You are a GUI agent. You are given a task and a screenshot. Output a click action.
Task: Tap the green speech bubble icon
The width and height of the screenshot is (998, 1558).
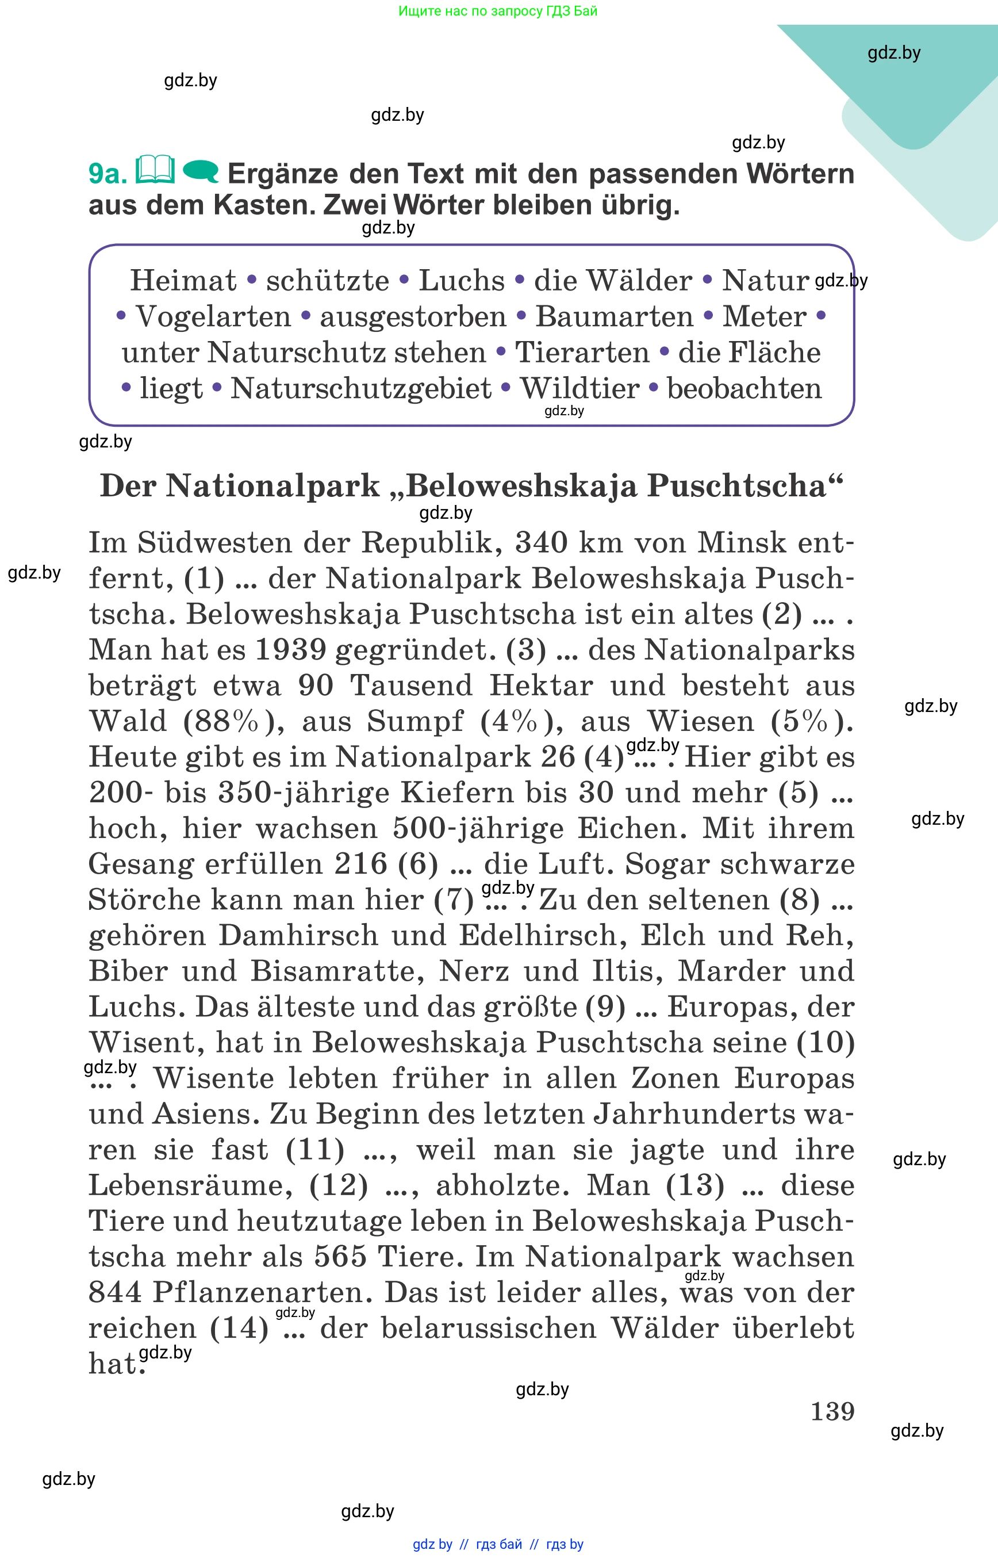[x=201, y=172]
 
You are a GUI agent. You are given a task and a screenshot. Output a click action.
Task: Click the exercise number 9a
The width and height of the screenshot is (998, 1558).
[x=108, y=174]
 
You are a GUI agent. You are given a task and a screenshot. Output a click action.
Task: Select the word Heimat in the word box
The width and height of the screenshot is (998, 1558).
[x=183, y=281]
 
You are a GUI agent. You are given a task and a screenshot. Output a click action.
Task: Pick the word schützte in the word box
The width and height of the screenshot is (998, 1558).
[x=327, y=281]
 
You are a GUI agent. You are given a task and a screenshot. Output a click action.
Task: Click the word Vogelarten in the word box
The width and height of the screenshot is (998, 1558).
[x=213, y=317]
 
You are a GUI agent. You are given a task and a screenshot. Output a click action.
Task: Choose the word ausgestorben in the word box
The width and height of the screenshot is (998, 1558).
[x=413, y=317]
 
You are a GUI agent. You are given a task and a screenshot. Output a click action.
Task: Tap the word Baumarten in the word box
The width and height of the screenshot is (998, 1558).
[x=615, y=317]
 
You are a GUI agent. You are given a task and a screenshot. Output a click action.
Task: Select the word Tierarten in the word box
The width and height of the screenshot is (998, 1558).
[x=582, y=353]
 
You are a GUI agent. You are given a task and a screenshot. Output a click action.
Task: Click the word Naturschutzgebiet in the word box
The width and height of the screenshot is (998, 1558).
[x=361, y=389]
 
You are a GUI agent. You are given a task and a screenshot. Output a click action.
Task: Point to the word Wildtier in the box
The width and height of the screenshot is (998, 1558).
[x=580, y=389]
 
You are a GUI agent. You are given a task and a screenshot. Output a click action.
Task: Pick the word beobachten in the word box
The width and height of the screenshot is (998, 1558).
[x=744, y=389]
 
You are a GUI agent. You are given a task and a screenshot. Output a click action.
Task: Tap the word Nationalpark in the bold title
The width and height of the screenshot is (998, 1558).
[x=273, y=485]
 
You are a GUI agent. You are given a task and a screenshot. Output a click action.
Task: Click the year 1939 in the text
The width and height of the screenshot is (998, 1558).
[x=290, y=650]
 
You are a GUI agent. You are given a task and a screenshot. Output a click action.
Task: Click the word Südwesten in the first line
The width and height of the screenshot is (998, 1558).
[x=214, y=543]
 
